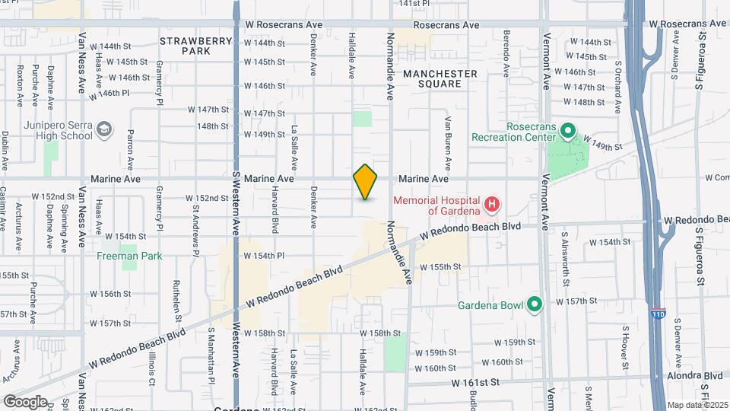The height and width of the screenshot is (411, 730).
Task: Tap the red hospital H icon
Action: point(493,204)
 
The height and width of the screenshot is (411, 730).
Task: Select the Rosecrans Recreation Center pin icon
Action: point(567,132)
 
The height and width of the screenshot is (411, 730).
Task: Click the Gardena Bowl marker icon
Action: point(535,305)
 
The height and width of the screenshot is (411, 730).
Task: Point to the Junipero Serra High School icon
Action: point(103,132)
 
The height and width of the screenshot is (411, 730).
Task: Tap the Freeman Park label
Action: point(129,256)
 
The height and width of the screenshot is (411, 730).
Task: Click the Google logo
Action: point(25,401)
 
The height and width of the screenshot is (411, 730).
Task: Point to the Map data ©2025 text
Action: point(696,405)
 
